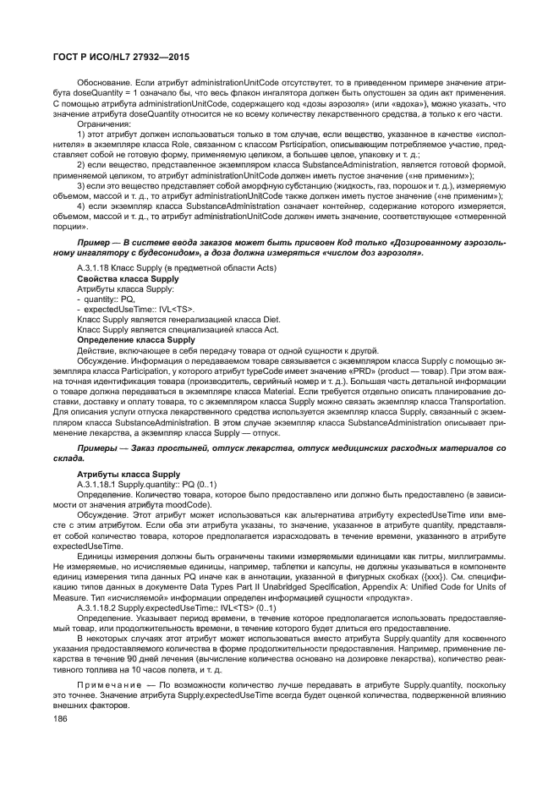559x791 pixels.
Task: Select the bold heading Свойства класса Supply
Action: (128, 278)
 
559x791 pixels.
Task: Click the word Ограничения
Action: (105, 124)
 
